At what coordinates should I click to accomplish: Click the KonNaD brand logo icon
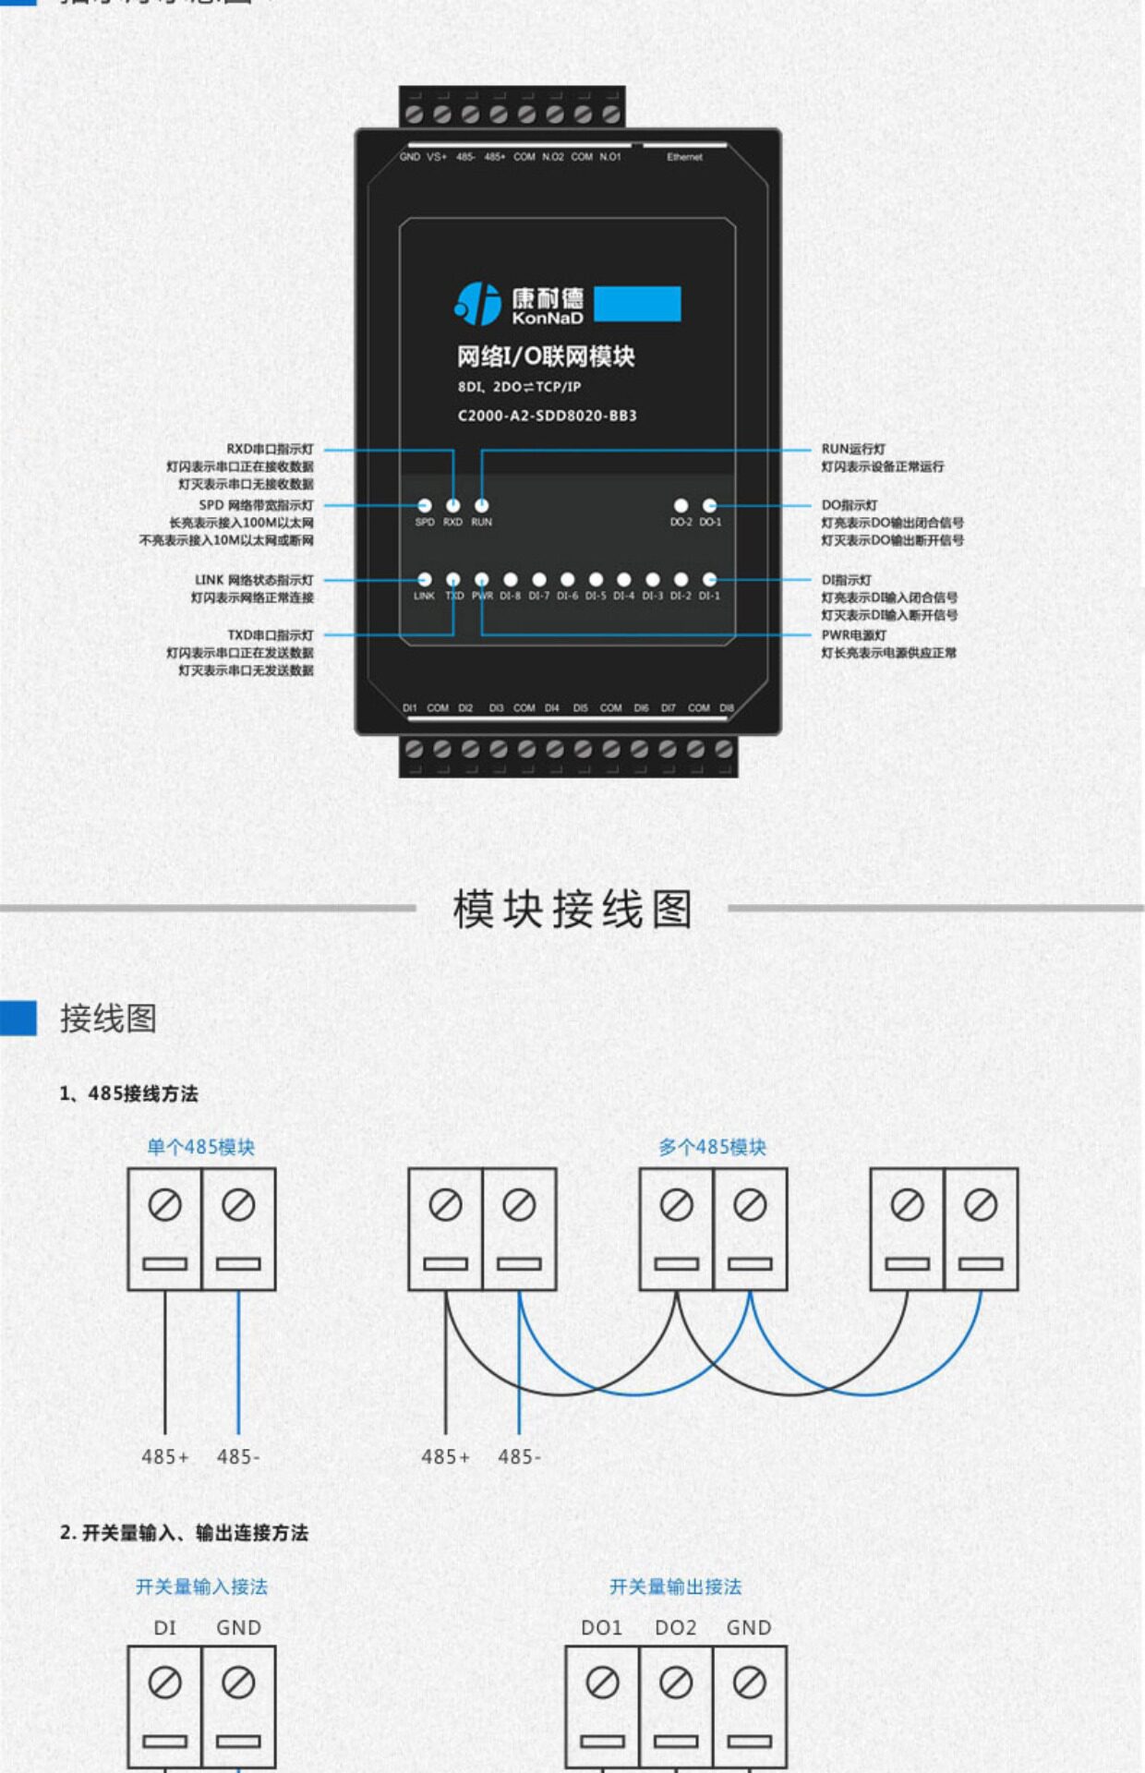click(477, 304)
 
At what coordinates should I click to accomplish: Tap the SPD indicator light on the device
click(425, 505)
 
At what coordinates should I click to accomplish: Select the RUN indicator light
click(481, 505)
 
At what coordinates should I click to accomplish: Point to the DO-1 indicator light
click(709, 505)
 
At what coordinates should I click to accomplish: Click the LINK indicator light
click(425, 579)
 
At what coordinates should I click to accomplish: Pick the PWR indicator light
click(482, 579)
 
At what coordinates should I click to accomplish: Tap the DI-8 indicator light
click(511, 579)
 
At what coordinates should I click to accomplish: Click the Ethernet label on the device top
click(684, 157)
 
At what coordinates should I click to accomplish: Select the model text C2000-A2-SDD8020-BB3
click(547, 416)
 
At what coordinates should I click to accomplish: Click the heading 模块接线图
click(572, 910)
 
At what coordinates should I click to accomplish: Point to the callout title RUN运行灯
click(853, 449)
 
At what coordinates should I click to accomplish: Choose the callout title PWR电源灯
click(854, 635)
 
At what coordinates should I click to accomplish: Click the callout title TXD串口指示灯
click(270, 635)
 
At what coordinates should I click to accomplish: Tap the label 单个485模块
click(200, 1147)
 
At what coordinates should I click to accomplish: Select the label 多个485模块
click(712, 1147)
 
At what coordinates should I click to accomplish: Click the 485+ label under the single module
click(164, 1456)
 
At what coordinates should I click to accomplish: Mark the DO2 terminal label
click(675, 1628)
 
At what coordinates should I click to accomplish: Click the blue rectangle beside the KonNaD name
click(637, 304)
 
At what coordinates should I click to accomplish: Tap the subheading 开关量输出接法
click(675, 1586)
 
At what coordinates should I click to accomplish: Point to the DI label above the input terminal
click(164, 1628)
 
